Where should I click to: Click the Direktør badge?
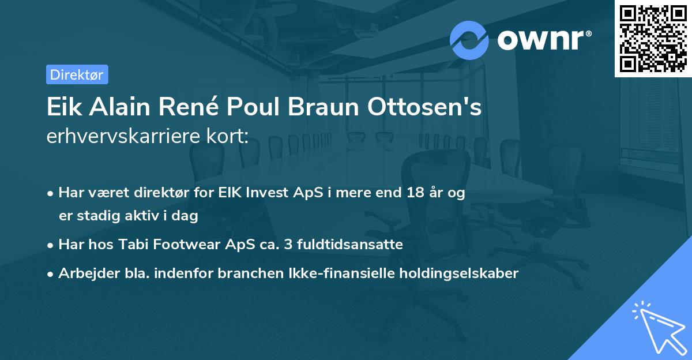77,74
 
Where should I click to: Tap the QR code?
653,38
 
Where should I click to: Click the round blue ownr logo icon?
469,40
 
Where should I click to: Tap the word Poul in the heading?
250,108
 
